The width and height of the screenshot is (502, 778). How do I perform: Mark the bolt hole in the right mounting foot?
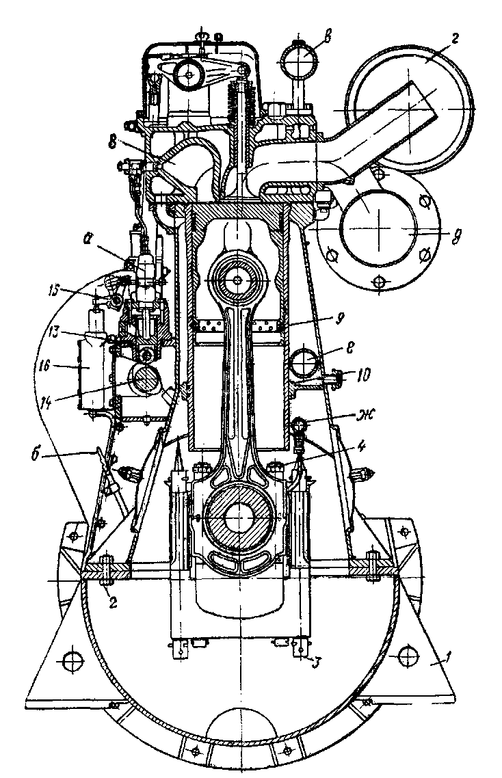point(408,656)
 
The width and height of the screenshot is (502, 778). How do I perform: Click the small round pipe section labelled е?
point(303,363)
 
